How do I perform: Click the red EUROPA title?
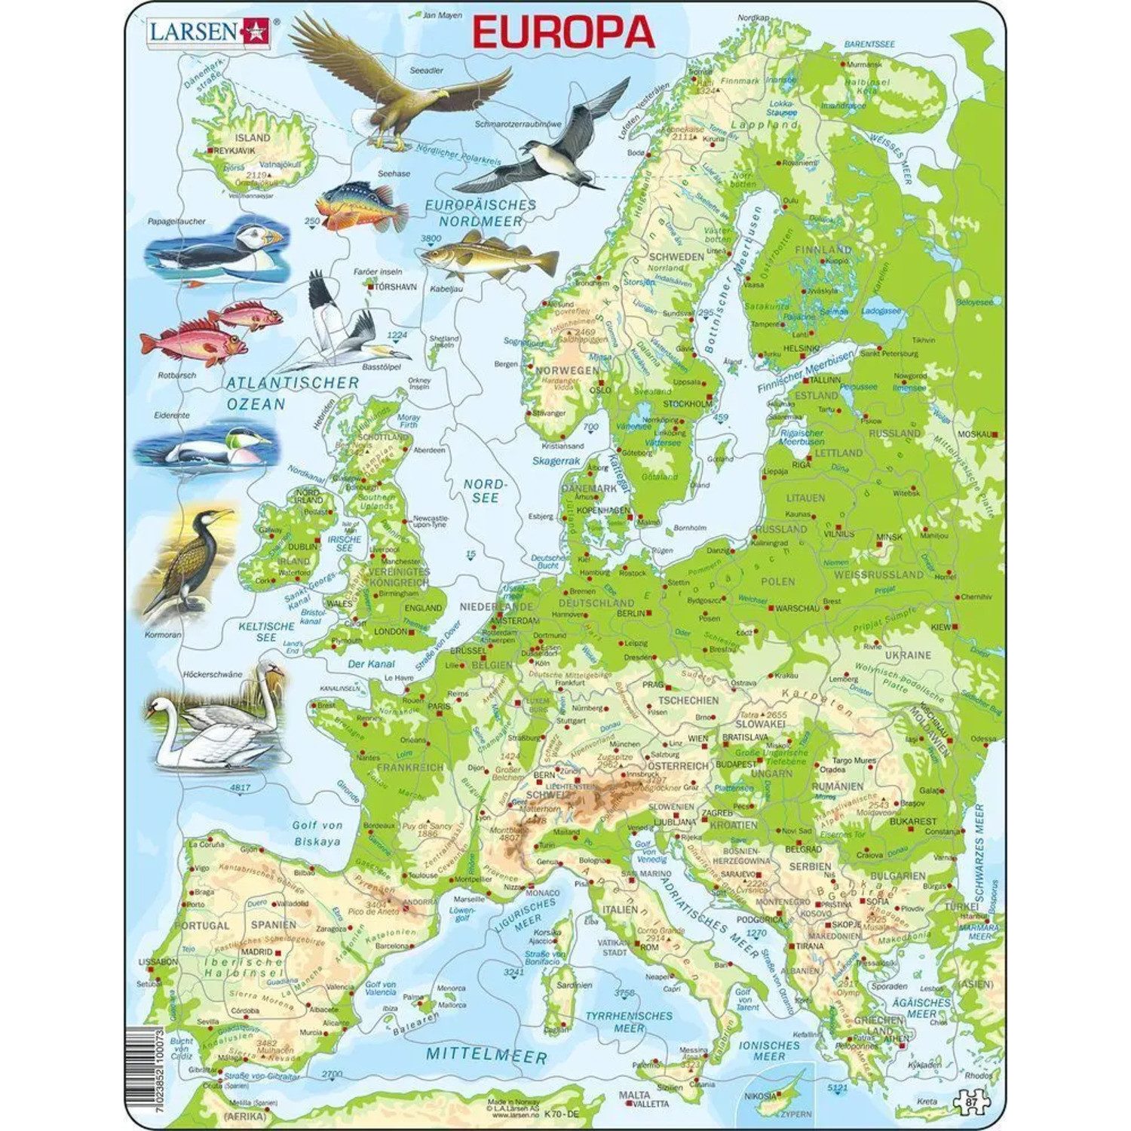[563, 32]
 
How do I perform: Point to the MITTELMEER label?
[486, 1055]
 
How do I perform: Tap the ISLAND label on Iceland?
[252, 138]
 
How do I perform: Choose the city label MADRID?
[256, 952]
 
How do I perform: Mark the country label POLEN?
[777, 581]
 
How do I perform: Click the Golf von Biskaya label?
[317, 833]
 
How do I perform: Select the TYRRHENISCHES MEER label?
[630, 1022]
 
